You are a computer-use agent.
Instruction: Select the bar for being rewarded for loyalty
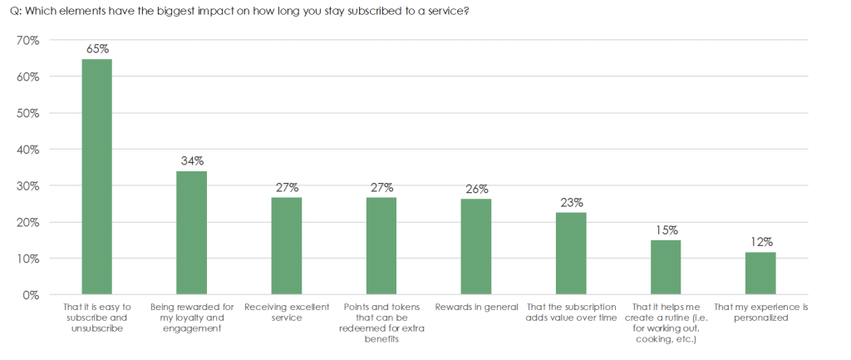(192, 233)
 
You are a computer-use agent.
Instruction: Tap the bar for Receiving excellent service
(287, 246)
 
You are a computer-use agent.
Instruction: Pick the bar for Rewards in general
(476, 247)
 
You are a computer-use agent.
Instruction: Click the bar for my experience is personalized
(760, 274)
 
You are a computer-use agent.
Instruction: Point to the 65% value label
(97, 49)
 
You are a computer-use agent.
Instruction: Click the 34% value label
(193, 160)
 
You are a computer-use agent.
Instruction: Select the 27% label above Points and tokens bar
(382, 187)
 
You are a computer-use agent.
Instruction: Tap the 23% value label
(572, 202)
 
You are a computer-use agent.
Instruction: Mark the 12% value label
(761, 242)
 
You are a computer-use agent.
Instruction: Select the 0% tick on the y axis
(31, 295)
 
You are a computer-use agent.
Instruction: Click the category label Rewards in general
(476, 308)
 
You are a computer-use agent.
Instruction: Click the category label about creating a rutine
(666, 323)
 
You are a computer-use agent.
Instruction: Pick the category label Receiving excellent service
(287, 313)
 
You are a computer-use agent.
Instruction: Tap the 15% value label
(667, 230)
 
